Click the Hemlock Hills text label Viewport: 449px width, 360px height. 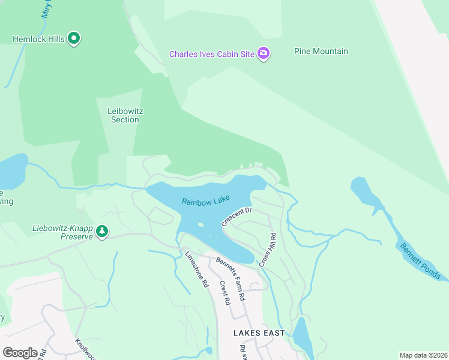pyautogui.click(x=39, y=39)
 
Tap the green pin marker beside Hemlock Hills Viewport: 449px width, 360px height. pyautogui.click(x=74, y=39)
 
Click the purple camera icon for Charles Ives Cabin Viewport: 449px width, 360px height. pyautogui.click(x=264, y=54)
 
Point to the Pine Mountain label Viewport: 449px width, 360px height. pyautogui.click(x=321, y=52)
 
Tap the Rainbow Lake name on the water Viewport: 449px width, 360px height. pyautogui.click(x=206, y=202)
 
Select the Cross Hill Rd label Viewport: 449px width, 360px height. pyautogui.click(x=267, y=250)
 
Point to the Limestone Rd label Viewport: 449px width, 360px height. pyautogui.click(x=196, y=268)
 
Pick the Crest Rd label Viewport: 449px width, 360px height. pyautogui.click(x=224, y=293)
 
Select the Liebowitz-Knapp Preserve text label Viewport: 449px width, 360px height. pyautogui.click(x=63, y=232)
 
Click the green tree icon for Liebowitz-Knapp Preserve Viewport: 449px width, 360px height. pyautogui.click(x=102, y=231)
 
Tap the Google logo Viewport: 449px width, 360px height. pyautogui.click(x=20, y=352)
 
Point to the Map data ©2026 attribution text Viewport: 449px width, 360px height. pyautogui.click(x=423, y=355)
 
